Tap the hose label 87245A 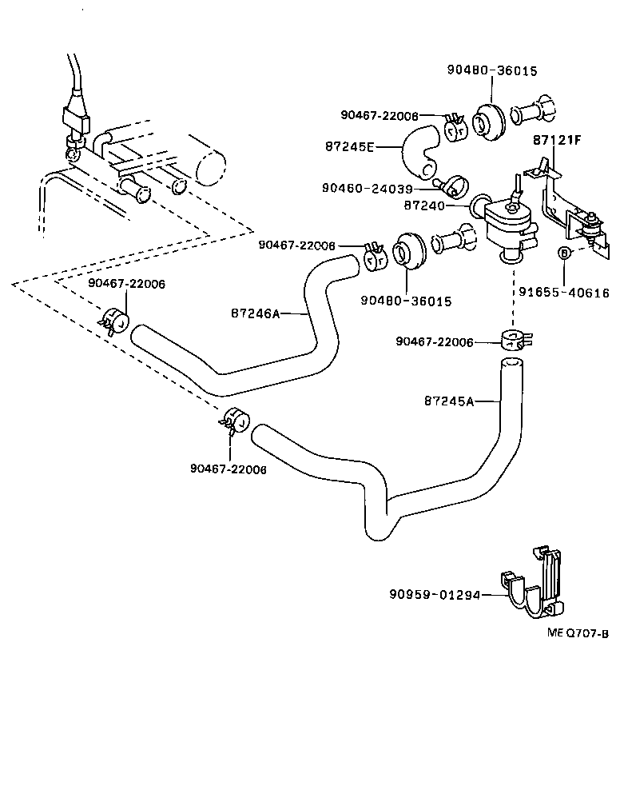click(449, 401)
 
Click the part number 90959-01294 click(436, 594)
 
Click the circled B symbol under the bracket click(563, 253)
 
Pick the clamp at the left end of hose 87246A click(117, 319)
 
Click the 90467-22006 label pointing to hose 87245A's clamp click(435, 342)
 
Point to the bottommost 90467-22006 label click(228, 469)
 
